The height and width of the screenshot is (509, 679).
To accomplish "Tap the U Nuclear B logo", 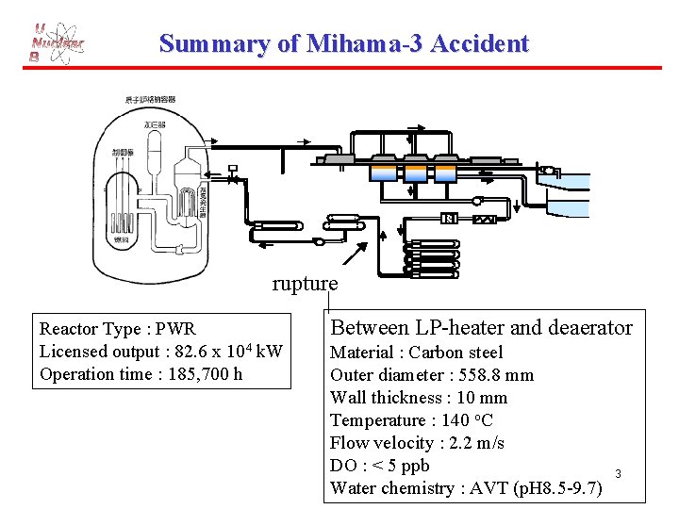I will point(57,44).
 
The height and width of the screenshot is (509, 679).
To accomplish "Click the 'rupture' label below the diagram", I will point(305,283).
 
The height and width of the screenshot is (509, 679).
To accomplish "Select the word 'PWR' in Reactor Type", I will point(175,329).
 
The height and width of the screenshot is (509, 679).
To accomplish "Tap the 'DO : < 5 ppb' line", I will point(379,466).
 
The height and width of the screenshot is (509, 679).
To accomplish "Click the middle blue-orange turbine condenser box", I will point(415,172).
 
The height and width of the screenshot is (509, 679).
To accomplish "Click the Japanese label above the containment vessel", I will point(150,100).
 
